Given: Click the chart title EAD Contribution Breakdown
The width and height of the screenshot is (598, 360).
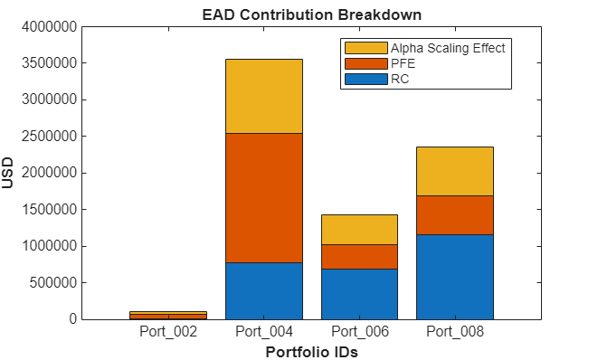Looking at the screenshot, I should coord(311,15).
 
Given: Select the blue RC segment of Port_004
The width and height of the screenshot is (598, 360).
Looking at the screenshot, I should coord(263,290).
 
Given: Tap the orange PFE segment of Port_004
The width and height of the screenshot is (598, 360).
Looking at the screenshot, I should coord(263,197).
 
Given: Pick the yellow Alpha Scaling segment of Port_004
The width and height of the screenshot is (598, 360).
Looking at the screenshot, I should coord(263,96).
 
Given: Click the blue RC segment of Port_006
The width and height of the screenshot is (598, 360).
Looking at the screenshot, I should coord(359,294).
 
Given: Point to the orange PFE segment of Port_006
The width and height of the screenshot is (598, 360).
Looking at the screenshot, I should coord(359,257).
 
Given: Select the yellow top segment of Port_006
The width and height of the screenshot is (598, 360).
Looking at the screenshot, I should coord(359,230).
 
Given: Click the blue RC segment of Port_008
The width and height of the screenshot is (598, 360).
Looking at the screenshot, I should coord(454,277).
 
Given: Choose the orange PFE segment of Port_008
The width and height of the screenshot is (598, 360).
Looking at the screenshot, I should coord(454,215).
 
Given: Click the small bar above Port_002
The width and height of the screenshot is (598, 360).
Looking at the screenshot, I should coord(168,315).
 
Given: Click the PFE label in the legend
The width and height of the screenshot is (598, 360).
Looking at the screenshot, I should coord(402,63).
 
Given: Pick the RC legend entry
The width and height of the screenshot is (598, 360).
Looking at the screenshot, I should coord(399,80).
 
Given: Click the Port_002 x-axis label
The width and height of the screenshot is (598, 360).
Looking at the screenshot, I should coord(168,332).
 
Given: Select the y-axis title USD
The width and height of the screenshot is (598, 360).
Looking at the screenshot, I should coord(9,172).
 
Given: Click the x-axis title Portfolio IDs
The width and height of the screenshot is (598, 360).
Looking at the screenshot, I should coord(311,352).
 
